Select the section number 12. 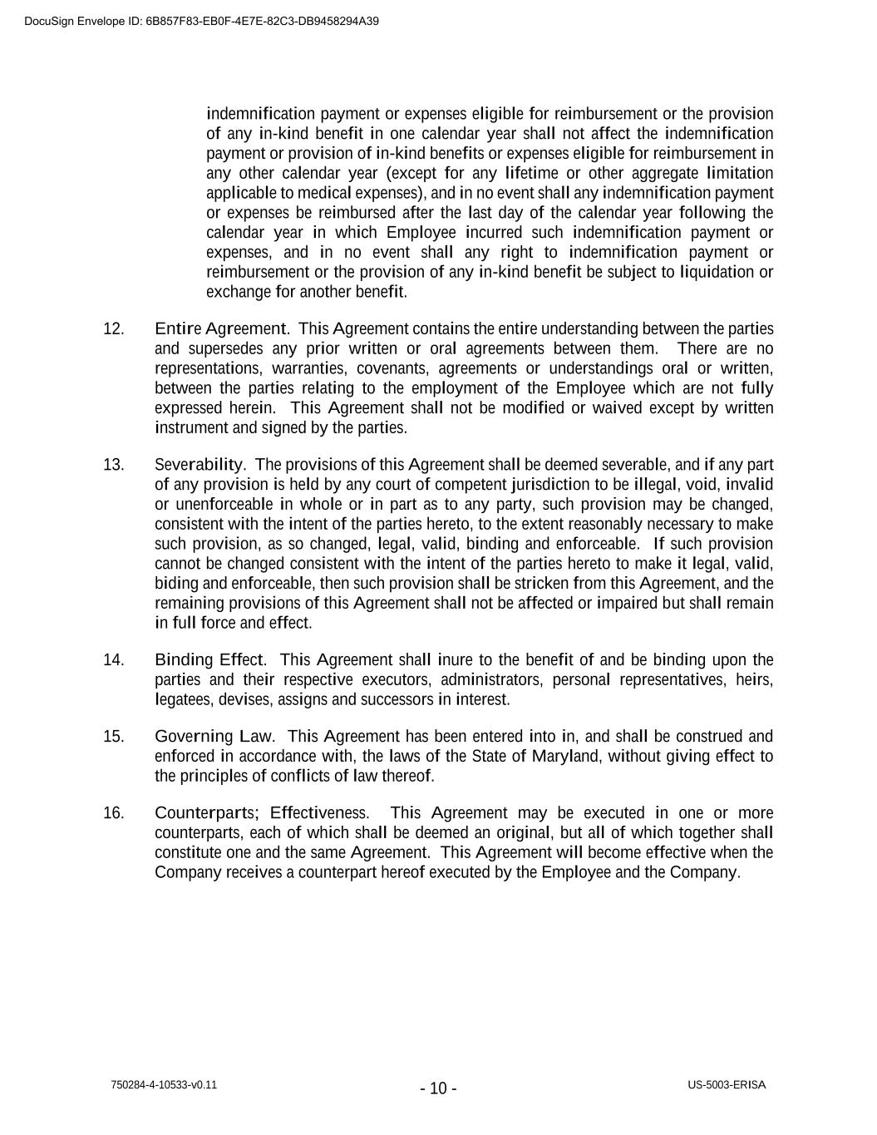coord(113,328)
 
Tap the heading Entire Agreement coord(221,328)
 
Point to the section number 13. coord(113,465)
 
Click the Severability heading coord(200,465)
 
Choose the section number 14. coord(113,660)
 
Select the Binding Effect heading coord(209,660)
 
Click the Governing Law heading coord(214,737)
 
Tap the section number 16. coord(113,813)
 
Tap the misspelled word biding coord(173,584)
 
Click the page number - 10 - coord(438,1088)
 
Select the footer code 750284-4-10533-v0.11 coord(164,1085)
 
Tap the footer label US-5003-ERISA coord(727,1085)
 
